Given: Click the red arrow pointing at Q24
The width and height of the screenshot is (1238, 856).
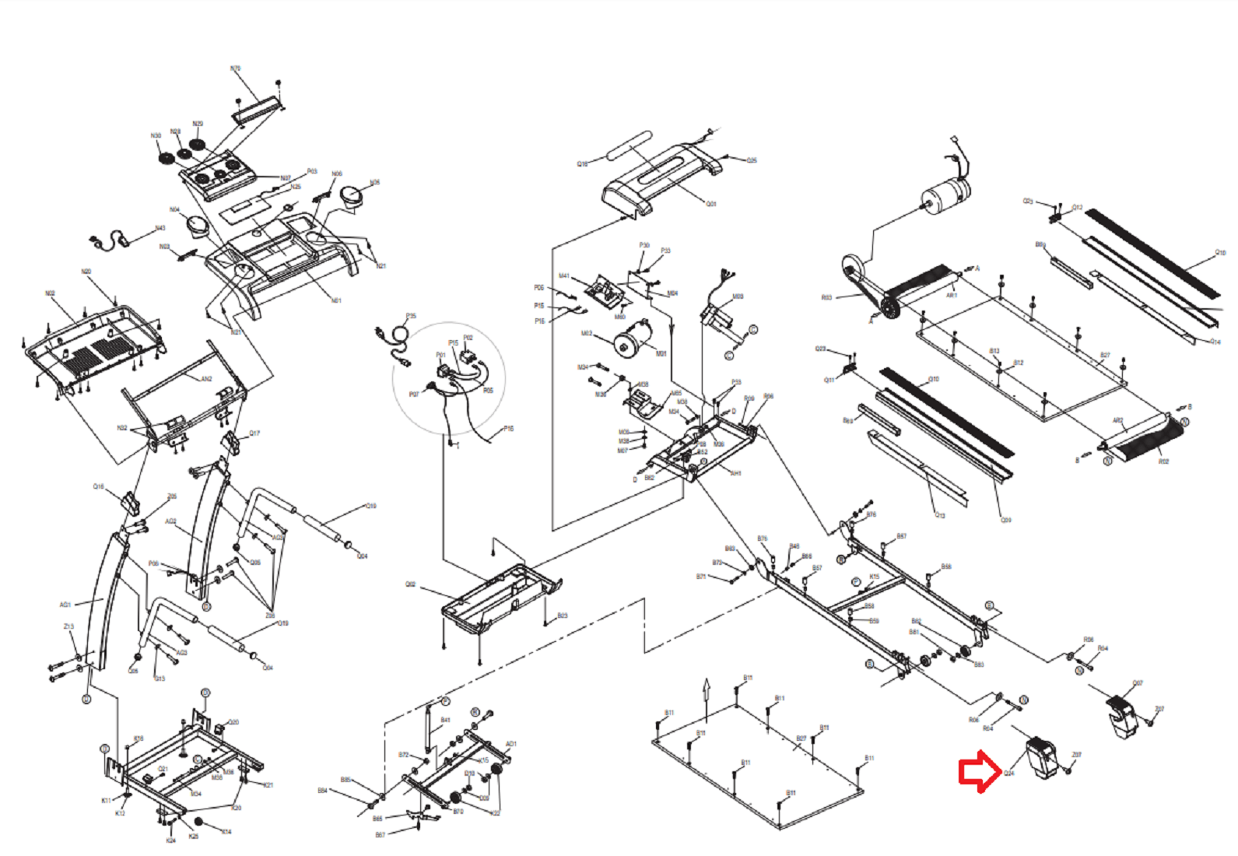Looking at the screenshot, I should [x=978, y=771].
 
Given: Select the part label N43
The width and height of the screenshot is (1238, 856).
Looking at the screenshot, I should [x=160, y=228].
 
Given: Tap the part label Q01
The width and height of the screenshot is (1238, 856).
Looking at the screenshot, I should [x=710, y=204].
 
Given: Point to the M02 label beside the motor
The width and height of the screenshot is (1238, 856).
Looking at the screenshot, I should [x=587, y=333].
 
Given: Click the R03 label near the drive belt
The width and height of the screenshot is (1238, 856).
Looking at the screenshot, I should [x=826, y=297].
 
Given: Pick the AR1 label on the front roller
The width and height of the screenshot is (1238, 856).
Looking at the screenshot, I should [x=951, y=296].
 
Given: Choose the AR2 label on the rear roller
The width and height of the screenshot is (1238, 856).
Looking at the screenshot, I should [x=1117, y=420].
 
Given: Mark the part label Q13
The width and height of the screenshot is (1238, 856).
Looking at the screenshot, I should [x=940, y=515].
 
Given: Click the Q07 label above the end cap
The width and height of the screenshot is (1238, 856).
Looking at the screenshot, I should [x=1137, y=683].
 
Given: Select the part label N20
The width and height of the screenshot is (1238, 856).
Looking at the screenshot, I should [x=86, y=272].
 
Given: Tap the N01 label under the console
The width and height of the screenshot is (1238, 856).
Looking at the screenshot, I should [x=336, y=300].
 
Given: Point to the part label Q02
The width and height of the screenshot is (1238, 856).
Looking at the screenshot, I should [x=410, y=584].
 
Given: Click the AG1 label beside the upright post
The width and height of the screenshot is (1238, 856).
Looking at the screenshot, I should [x=65, y=604].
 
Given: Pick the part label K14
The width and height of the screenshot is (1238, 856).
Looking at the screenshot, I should [x=226, y=832].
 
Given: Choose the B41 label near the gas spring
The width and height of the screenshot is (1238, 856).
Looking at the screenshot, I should [x=445, y=720].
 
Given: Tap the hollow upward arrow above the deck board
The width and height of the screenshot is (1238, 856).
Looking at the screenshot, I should [x=707, y=689].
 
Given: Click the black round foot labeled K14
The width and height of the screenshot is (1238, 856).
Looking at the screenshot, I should [x=198, y=822].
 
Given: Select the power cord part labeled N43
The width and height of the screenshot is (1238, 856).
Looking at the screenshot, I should [x=109, y=241].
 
